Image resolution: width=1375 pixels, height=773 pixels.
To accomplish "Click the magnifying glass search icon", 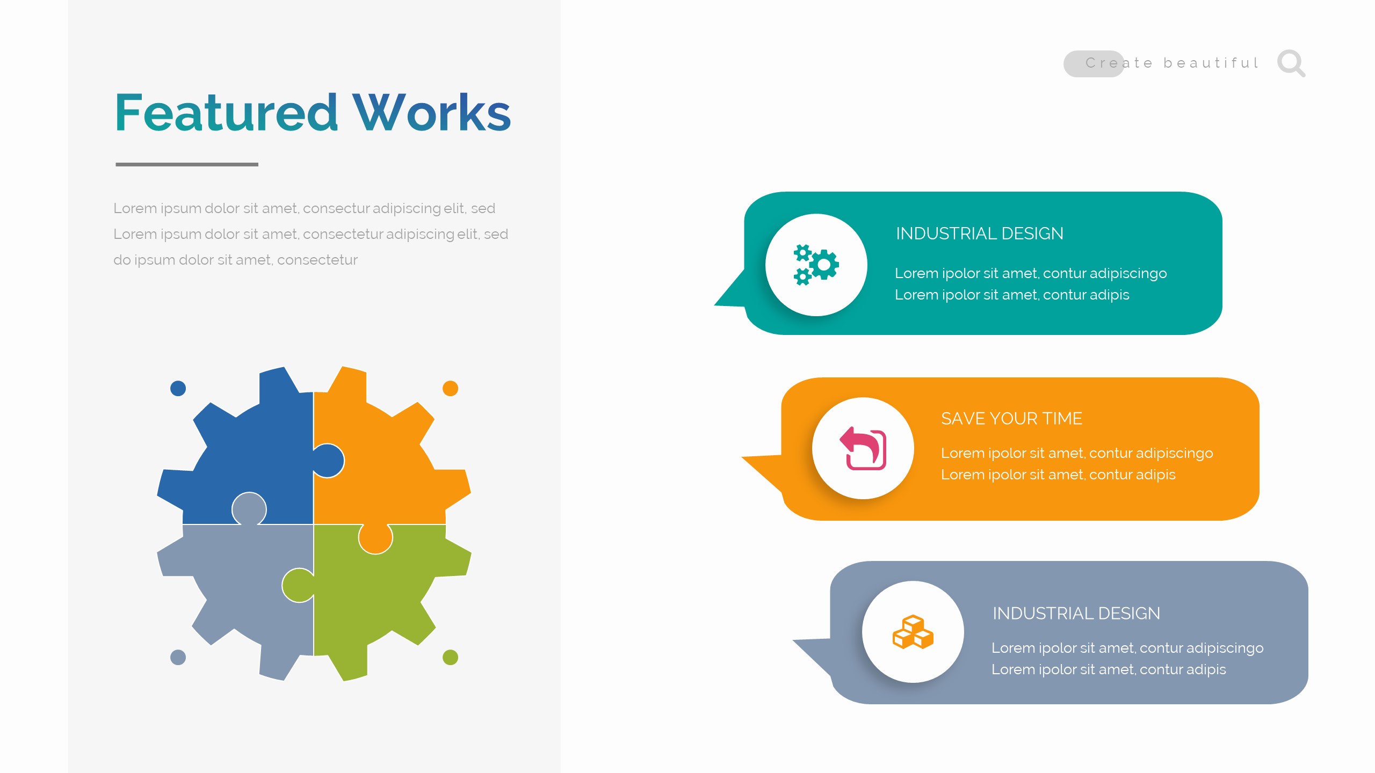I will (1291, 63).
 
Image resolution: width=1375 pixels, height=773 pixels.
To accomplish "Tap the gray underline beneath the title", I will (186, 164).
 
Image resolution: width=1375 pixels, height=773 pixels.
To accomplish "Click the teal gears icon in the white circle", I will (816, 265).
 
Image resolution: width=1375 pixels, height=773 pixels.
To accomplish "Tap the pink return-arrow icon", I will (863, 448).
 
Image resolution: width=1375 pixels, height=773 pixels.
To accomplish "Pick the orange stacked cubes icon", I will (913, 632).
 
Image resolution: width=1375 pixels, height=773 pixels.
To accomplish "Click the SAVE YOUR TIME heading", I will (1011, 419).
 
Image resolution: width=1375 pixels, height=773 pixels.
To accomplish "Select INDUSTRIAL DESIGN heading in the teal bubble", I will (979, 234).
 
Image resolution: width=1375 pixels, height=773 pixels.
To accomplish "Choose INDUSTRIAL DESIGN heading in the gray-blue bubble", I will (1076, 613).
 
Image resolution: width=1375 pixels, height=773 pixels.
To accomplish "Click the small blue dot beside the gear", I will (178, 388).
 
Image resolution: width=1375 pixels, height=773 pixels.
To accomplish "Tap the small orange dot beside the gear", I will (450, 388).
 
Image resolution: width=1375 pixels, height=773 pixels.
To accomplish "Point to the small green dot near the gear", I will (450, 657).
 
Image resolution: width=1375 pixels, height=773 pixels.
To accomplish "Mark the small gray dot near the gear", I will (178, 657).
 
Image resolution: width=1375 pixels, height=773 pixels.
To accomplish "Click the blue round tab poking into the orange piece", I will (329, 461).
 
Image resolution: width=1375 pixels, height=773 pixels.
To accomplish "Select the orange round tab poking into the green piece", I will (375, 538).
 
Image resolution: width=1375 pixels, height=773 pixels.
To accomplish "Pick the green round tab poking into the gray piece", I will (298, 585).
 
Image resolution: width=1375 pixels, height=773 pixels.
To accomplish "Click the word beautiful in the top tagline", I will (1211, 63).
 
